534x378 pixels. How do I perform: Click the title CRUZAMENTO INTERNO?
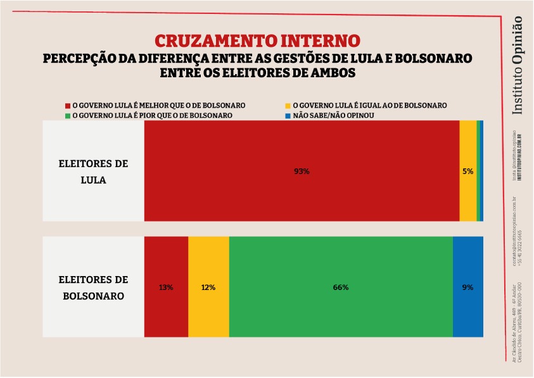click(257, 41)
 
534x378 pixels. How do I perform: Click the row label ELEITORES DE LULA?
click(93, 172)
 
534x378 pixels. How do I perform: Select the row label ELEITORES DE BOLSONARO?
click(93, 287)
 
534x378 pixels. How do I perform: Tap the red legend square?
click(68, 105)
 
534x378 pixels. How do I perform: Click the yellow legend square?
click(288, 105)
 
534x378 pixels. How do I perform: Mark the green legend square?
click(68, 116)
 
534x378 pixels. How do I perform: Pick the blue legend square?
click(288, 116)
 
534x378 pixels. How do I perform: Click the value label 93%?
click(302, 172)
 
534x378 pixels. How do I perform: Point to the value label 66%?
click(341, 287)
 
